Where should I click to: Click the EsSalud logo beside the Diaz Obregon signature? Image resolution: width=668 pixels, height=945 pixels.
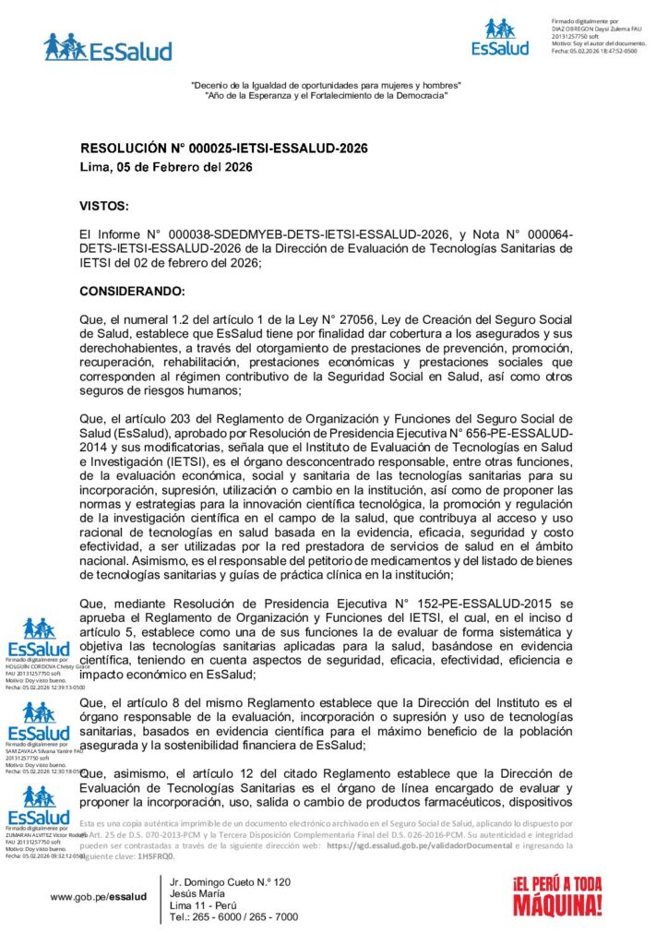tap(500, 37)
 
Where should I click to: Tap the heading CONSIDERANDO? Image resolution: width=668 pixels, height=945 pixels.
tap(133, 291)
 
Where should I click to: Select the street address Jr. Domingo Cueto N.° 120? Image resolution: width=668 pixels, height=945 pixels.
tap(231, 882)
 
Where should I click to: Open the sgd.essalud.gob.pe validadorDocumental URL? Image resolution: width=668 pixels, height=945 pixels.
tap(412, 844)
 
